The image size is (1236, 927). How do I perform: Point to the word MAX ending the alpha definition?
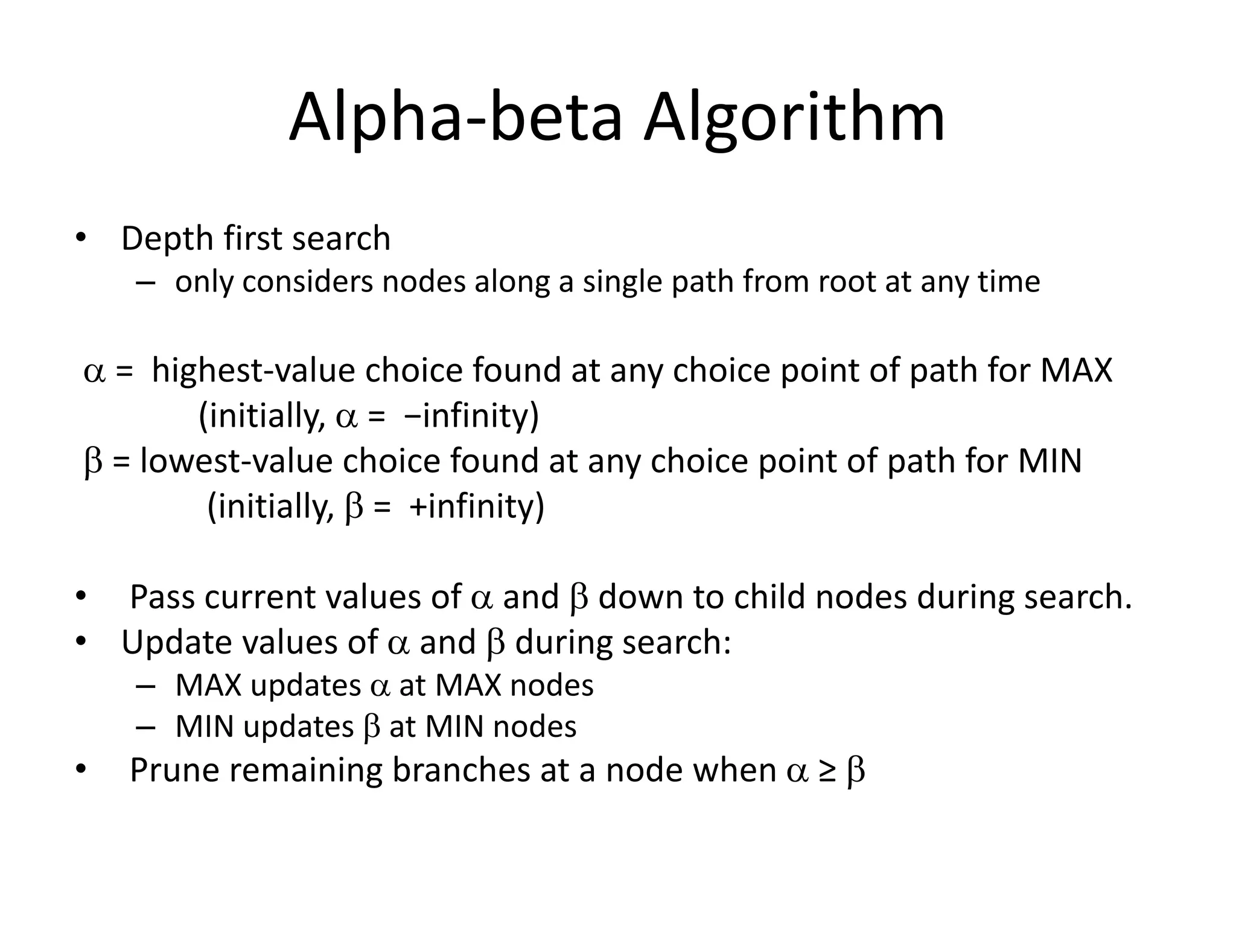1076,370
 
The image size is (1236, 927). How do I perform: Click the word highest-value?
253,370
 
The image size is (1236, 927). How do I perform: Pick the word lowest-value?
236,460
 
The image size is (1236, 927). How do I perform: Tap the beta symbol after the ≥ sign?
856,771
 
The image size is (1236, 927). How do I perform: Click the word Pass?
163,597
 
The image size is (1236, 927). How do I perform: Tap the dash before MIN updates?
145,727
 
